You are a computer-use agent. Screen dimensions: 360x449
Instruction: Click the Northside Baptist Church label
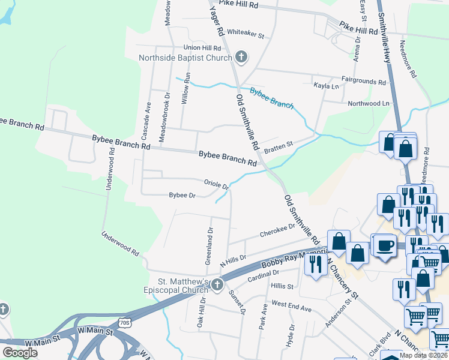pos(185,58)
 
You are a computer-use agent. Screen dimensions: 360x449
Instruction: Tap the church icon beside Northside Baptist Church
pos(241,58)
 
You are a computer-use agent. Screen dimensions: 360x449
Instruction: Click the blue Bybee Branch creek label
pos(271,98)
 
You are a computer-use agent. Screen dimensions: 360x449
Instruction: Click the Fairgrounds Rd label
pos(364,81)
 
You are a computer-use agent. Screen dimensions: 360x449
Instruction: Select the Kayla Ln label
pos(327,86)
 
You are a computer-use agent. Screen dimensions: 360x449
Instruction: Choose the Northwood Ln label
pos(369,103)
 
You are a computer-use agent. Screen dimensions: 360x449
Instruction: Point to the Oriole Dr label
pos(217,184)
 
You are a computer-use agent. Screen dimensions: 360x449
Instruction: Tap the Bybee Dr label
pos(182,196)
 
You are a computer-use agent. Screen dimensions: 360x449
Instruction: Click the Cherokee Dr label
pos(277,230)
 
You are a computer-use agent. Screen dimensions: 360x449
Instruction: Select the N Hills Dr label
pos(234,260)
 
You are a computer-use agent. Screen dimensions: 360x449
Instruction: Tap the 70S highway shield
pos(125,323)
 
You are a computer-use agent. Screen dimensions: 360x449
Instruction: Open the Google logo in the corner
pos(20,352)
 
